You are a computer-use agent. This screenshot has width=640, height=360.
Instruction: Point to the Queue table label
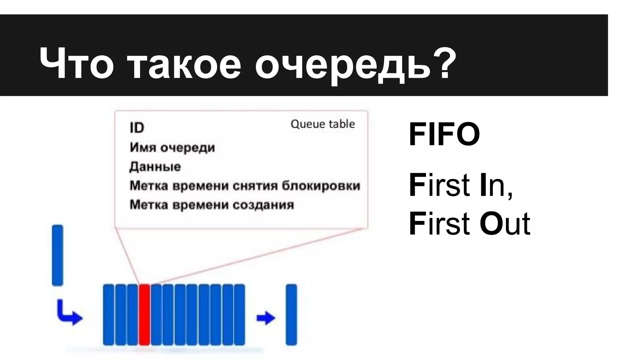pos(322,124)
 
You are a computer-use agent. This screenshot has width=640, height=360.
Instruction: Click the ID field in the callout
pos(137,128)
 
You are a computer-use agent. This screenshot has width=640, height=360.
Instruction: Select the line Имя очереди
pos(172,147)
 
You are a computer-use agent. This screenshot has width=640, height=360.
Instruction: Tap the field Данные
pos(155,167)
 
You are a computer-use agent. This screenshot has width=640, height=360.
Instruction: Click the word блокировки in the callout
pos(321,186)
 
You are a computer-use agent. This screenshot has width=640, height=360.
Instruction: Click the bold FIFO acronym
pos(444,134)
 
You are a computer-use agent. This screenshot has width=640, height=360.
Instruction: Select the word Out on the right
pos(505,224)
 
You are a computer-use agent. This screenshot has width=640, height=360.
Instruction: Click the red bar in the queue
pos(144,314)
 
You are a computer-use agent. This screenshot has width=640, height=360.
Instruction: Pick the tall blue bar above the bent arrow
pos(57,255)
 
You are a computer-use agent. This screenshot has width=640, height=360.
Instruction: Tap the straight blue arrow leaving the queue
pos(266,318)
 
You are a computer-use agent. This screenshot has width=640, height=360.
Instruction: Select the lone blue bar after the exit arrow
pos(291,314)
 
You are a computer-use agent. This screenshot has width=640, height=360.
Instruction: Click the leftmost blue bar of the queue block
pos(108,314)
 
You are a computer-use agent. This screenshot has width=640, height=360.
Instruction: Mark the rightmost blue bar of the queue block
pos(239,314)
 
